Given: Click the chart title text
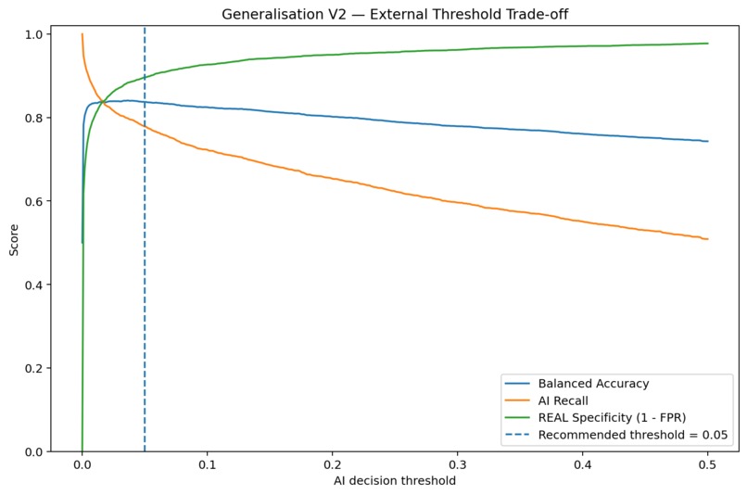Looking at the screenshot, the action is [395, 14].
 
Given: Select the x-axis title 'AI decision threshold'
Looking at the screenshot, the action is [395, 481].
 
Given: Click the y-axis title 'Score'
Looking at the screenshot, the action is [14, 240].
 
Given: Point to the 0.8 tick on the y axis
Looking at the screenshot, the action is [34, 118].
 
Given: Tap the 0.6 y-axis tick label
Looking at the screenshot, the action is [34, 201].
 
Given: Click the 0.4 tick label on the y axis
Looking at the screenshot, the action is [34, 285].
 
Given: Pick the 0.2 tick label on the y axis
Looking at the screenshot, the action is [34, 368].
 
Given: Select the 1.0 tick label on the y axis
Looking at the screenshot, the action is [34, 34].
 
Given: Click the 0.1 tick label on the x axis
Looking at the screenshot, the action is [208, 464].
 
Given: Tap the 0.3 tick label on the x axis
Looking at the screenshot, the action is [457, 464].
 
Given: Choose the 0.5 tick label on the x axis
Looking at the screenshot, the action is [707, 464].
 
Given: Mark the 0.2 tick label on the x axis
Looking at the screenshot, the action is [333, 464].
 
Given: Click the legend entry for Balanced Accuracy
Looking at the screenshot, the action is [576, 384].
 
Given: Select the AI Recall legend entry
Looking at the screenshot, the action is [547, 400].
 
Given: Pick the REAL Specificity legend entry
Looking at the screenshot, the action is [596, 418].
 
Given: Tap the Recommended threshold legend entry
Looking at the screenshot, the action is [616, 435].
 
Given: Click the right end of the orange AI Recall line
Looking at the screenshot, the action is [708, 239].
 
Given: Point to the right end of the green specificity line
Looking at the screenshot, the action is [708, 44].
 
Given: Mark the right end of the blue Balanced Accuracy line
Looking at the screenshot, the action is [708, 141].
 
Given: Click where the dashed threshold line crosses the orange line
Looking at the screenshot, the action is [145, 126].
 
